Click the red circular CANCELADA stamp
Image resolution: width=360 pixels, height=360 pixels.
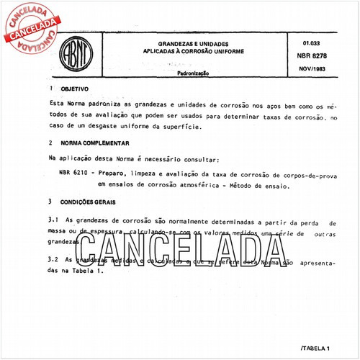click(x=33, y=27)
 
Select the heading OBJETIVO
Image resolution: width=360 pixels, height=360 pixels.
click(x=74, y=89)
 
